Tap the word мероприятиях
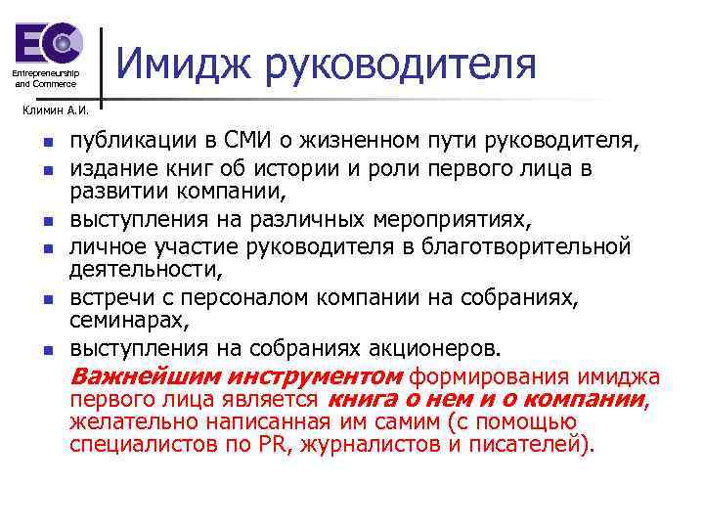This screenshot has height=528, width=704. tap(459, 219)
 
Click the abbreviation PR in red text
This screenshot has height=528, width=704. tap(272, 445)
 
